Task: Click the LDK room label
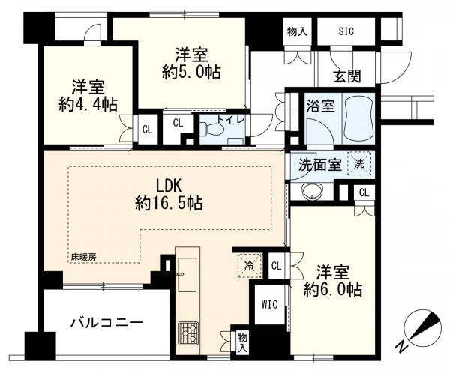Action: (169, 186)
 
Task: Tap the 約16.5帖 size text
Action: (169, 203)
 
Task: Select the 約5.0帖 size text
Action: (191, 72)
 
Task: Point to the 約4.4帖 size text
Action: (88, 104)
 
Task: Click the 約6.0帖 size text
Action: (332, 289)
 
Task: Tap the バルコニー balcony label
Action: (106, 324)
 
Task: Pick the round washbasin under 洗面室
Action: (311, 192)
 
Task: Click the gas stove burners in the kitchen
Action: (188, 333)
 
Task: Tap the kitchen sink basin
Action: (187, 274)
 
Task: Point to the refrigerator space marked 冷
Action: (250, 265)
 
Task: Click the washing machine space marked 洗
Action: (359, 163)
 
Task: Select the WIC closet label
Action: (269, 304)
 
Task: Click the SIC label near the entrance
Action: (346, 31)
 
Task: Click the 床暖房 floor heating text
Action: (84, 257)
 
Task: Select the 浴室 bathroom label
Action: (320, 106)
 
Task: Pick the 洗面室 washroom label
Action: (320, 165)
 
